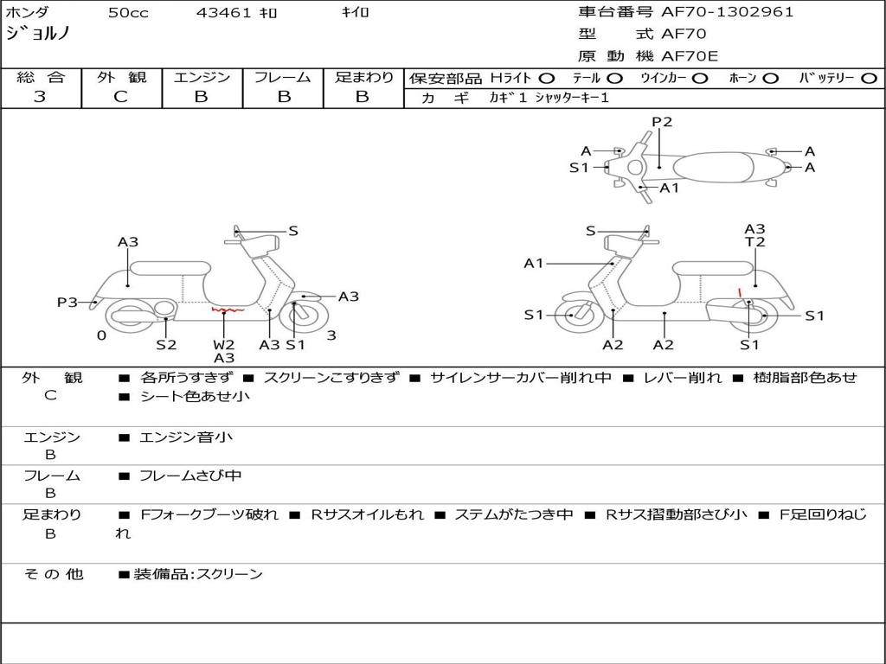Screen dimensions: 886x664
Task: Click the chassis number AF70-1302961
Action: [727, 12]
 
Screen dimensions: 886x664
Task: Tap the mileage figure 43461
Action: [223, 12]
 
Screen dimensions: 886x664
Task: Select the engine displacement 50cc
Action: [128, 12]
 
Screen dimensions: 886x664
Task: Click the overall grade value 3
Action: [40, 97]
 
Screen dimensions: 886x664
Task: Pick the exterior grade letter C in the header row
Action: [120, 97]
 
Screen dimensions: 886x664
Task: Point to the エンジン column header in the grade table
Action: [202, 77]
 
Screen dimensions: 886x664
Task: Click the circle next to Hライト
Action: [547, 79]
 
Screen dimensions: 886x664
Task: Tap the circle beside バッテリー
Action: [869, 79]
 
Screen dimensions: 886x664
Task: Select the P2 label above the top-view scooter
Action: [662, 122]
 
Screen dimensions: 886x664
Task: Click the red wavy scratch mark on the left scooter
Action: [228, 310]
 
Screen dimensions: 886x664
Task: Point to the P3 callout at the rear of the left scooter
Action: [67, 302]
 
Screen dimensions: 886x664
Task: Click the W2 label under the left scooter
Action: [224, 344]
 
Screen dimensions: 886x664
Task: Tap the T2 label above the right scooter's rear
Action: [754, 242]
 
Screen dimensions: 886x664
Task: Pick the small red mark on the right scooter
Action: [741, 292]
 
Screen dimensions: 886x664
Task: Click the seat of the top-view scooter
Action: [714, 168]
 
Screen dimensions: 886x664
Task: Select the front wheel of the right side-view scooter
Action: [575, 316]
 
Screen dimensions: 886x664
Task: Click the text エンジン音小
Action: [185, 437]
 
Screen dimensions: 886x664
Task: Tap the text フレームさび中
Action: [190, 476]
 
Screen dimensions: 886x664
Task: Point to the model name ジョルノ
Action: [37, 34]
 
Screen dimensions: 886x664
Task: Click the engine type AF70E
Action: [690, 56]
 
